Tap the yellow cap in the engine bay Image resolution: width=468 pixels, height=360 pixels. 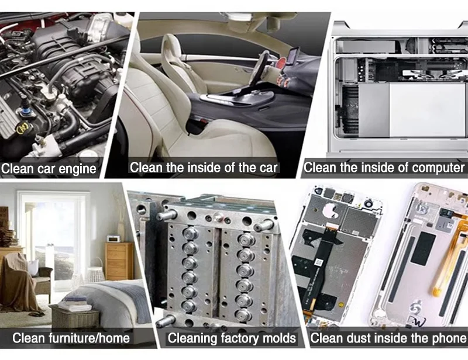pyautogui.click(x=22, y=128)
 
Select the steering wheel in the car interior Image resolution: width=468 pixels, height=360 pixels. pyautogui.click(x=259, y=68)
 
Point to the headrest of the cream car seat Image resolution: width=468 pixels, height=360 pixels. pyautogui.click(x=171, y=49)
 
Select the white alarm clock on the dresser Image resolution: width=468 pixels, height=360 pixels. pyautogui.click(x=113, y=238)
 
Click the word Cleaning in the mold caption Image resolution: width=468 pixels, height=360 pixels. pyautogui.click(x=192, y=338)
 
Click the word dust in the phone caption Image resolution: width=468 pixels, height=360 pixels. pyautogui.click(x=356, y=338)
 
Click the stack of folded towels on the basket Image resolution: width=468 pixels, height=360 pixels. pyautogui.click(x=75, y=303)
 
